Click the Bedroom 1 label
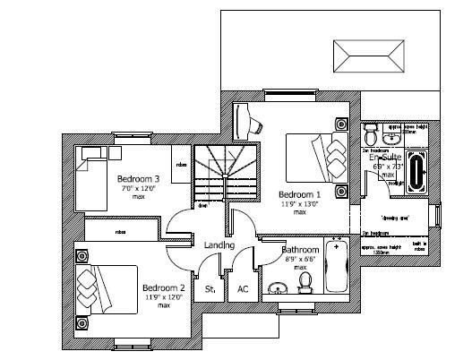coord(299,194)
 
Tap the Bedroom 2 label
coord(164,287)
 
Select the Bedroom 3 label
coord(138,179)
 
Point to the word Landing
coord(219,244)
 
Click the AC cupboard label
coord(242,289)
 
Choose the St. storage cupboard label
coord(211,289)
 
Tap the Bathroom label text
coord(300,250)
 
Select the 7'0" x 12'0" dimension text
coord(138,189)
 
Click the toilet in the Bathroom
coord(305,282)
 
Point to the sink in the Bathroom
coord(279,287)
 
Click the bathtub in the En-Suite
coord(416,174)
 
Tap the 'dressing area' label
coord(397,218)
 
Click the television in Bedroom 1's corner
coord(249,119)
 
